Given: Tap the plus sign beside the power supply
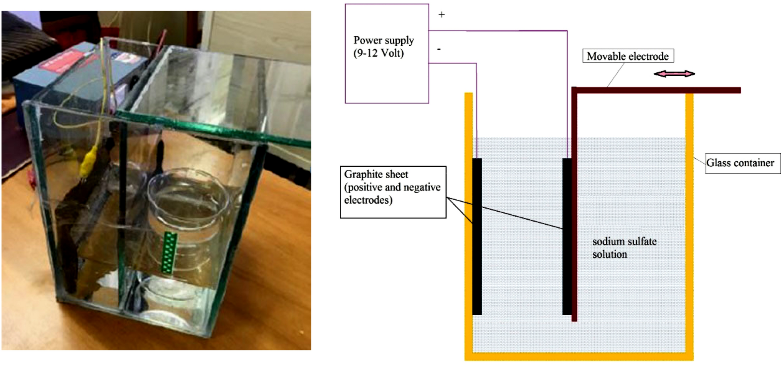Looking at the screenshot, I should (x=442, y=15).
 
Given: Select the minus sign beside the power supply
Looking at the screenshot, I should (x=439, y=49).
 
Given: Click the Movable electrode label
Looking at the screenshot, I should (x=627, y=56).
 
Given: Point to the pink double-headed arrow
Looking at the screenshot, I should (x=674, y=74).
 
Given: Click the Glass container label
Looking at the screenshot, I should (x=740, y=163).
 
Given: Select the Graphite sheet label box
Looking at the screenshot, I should (x=393, y=192).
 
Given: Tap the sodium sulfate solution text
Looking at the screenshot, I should (x=624, y=248).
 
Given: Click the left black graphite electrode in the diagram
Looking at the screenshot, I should (x=477, y=237).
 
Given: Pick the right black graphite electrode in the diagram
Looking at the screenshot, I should (x=567, y=237).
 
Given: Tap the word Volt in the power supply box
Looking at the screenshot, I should (x=393, y=53).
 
